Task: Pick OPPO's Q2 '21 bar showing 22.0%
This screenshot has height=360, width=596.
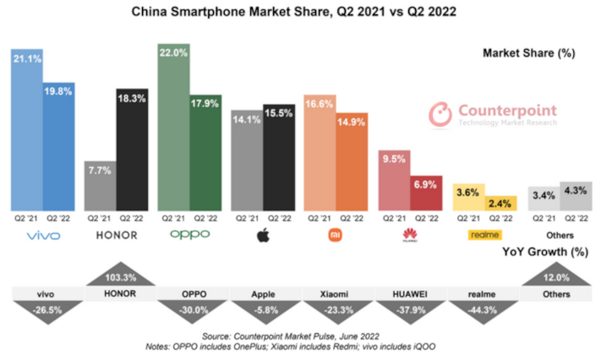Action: (x=173, y=127)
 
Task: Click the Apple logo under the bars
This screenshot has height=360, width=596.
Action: (x=263, y=235)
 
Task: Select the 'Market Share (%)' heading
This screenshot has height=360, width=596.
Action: (x=528, y=52)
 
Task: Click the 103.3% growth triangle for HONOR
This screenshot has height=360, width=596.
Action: (x=120, y=277)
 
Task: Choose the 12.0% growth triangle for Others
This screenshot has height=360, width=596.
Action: (x=556, y=277)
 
